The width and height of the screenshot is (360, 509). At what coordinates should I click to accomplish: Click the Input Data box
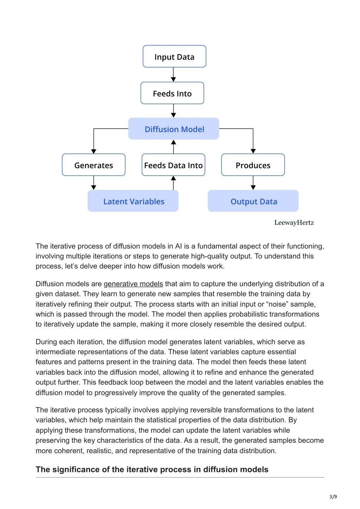(x=174, y=56)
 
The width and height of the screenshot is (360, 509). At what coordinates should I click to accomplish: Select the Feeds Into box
(x=172, y=93)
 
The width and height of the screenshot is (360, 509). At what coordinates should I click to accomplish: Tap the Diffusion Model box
(x=174, y=129)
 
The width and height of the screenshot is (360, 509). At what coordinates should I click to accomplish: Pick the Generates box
(x=94, y=165)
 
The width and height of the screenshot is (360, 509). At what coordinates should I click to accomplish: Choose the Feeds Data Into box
(x=173, y=165)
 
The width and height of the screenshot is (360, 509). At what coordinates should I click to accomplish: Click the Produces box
(x=253, y=165)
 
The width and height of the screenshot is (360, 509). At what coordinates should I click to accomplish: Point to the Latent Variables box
(x=133, y=201)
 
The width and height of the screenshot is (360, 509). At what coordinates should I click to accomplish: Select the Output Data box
(x=253, y=201)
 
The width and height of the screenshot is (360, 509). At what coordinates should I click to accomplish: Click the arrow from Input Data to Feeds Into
(x=173, y=74)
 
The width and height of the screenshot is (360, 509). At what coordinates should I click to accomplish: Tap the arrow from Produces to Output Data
(x=253, y=183)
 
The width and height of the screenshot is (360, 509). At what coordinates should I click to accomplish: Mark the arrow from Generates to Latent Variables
(x=94, y=183)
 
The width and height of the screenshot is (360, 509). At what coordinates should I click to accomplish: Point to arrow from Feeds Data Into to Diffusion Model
(x=174, y=147)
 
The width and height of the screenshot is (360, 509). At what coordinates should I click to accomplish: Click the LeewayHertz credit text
(x=294, y=223)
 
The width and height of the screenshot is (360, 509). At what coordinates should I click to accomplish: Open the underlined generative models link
(x=133, y=284)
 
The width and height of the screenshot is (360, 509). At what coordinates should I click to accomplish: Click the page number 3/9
(x=333, y=497)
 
